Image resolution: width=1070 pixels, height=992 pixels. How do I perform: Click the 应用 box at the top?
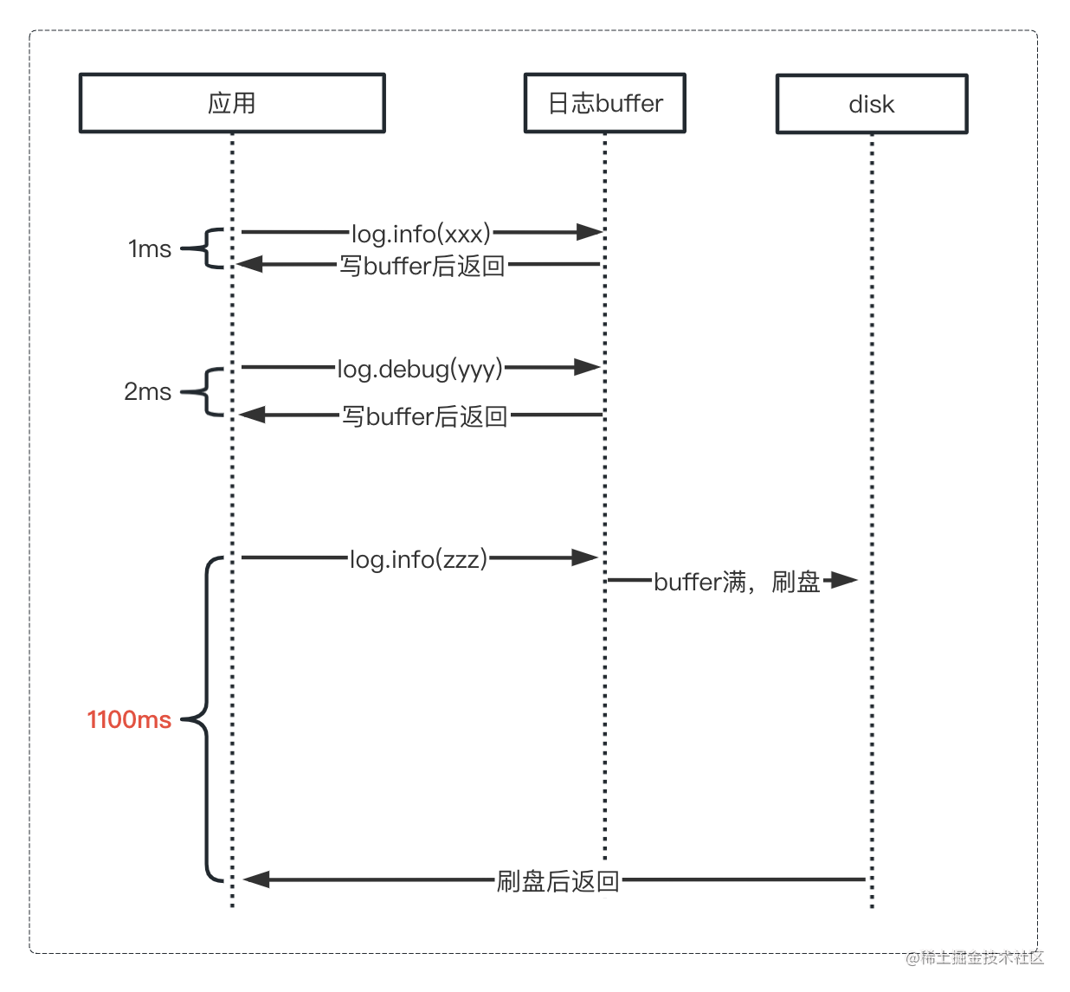tap(232, 103)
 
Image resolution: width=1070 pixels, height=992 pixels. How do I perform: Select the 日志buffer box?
tap(604, 103)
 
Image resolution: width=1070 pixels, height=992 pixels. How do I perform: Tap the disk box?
tap(871, 104)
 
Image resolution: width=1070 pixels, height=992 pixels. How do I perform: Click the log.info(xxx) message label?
tap(421, 234)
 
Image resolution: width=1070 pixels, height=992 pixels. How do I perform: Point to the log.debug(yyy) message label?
tap(420, 369)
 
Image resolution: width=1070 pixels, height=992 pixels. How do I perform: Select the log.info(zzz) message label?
tap(419, 559)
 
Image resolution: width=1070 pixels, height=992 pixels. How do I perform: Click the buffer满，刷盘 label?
tap(737, 582)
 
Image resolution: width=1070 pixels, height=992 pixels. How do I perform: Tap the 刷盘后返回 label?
tap(558, 881)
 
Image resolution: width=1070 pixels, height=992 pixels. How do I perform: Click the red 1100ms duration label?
tap(129, 719)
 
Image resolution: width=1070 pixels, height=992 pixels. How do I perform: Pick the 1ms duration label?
tap(150, 249)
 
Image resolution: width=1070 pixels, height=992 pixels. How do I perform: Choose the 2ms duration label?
tap(147, 391)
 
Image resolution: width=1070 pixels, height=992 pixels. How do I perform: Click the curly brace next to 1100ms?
tap(204, 719)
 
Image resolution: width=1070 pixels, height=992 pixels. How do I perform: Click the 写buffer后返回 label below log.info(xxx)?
tap(422, 266)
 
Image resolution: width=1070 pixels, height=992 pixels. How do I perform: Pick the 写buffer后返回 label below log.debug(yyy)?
tap(424, 416)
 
